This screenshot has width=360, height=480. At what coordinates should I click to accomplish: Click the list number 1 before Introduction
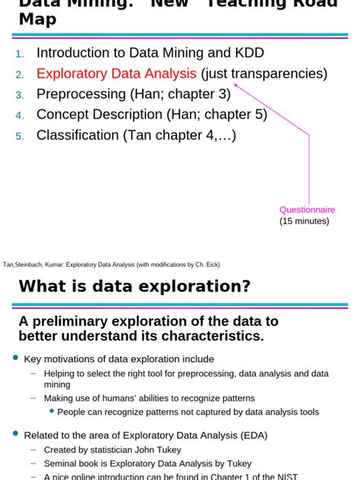[x=20, y=55]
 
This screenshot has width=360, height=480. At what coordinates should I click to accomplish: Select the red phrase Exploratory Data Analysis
[x=116, y=74]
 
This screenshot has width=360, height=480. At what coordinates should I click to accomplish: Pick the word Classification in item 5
[x=77, y=135]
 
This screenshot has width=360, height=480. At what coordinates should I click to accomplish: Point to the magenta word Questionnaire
[x=307, y=210]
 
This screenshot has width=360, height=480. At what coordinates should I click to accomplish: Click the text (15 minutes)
[x=305, y=221]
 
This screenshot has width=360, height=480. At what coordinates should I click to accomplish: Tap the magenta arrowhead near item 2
[x=236, y=86]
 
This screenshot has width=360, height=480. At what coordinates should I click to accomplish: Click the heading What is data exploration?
[x=134, y=286]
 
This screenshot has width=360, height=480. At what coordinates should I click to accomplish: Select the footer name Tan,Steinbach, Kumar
[x=33, y=264]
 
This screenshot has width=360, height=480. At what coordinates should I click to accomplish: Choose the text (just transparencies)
[x=264, y=74]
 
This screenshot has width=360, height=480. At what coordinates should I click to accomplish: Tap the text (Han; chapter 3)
[x=180, y=94]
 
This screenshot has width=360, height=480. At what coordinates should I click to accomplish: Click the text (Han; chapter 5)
[x=217, y=115]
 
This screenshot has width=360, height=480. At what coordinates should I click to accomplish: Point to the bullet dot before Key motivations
[x=15, y=358]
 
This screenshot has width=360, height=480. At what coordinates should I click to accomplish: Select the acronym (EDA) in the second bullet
[x=251, y=435]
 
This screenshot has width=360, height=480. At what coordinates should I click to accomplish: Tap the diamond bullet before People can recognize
[x=52, y=411]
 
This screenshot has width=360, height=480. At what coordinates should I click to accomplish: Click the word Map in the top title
[x=37, y=19]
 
